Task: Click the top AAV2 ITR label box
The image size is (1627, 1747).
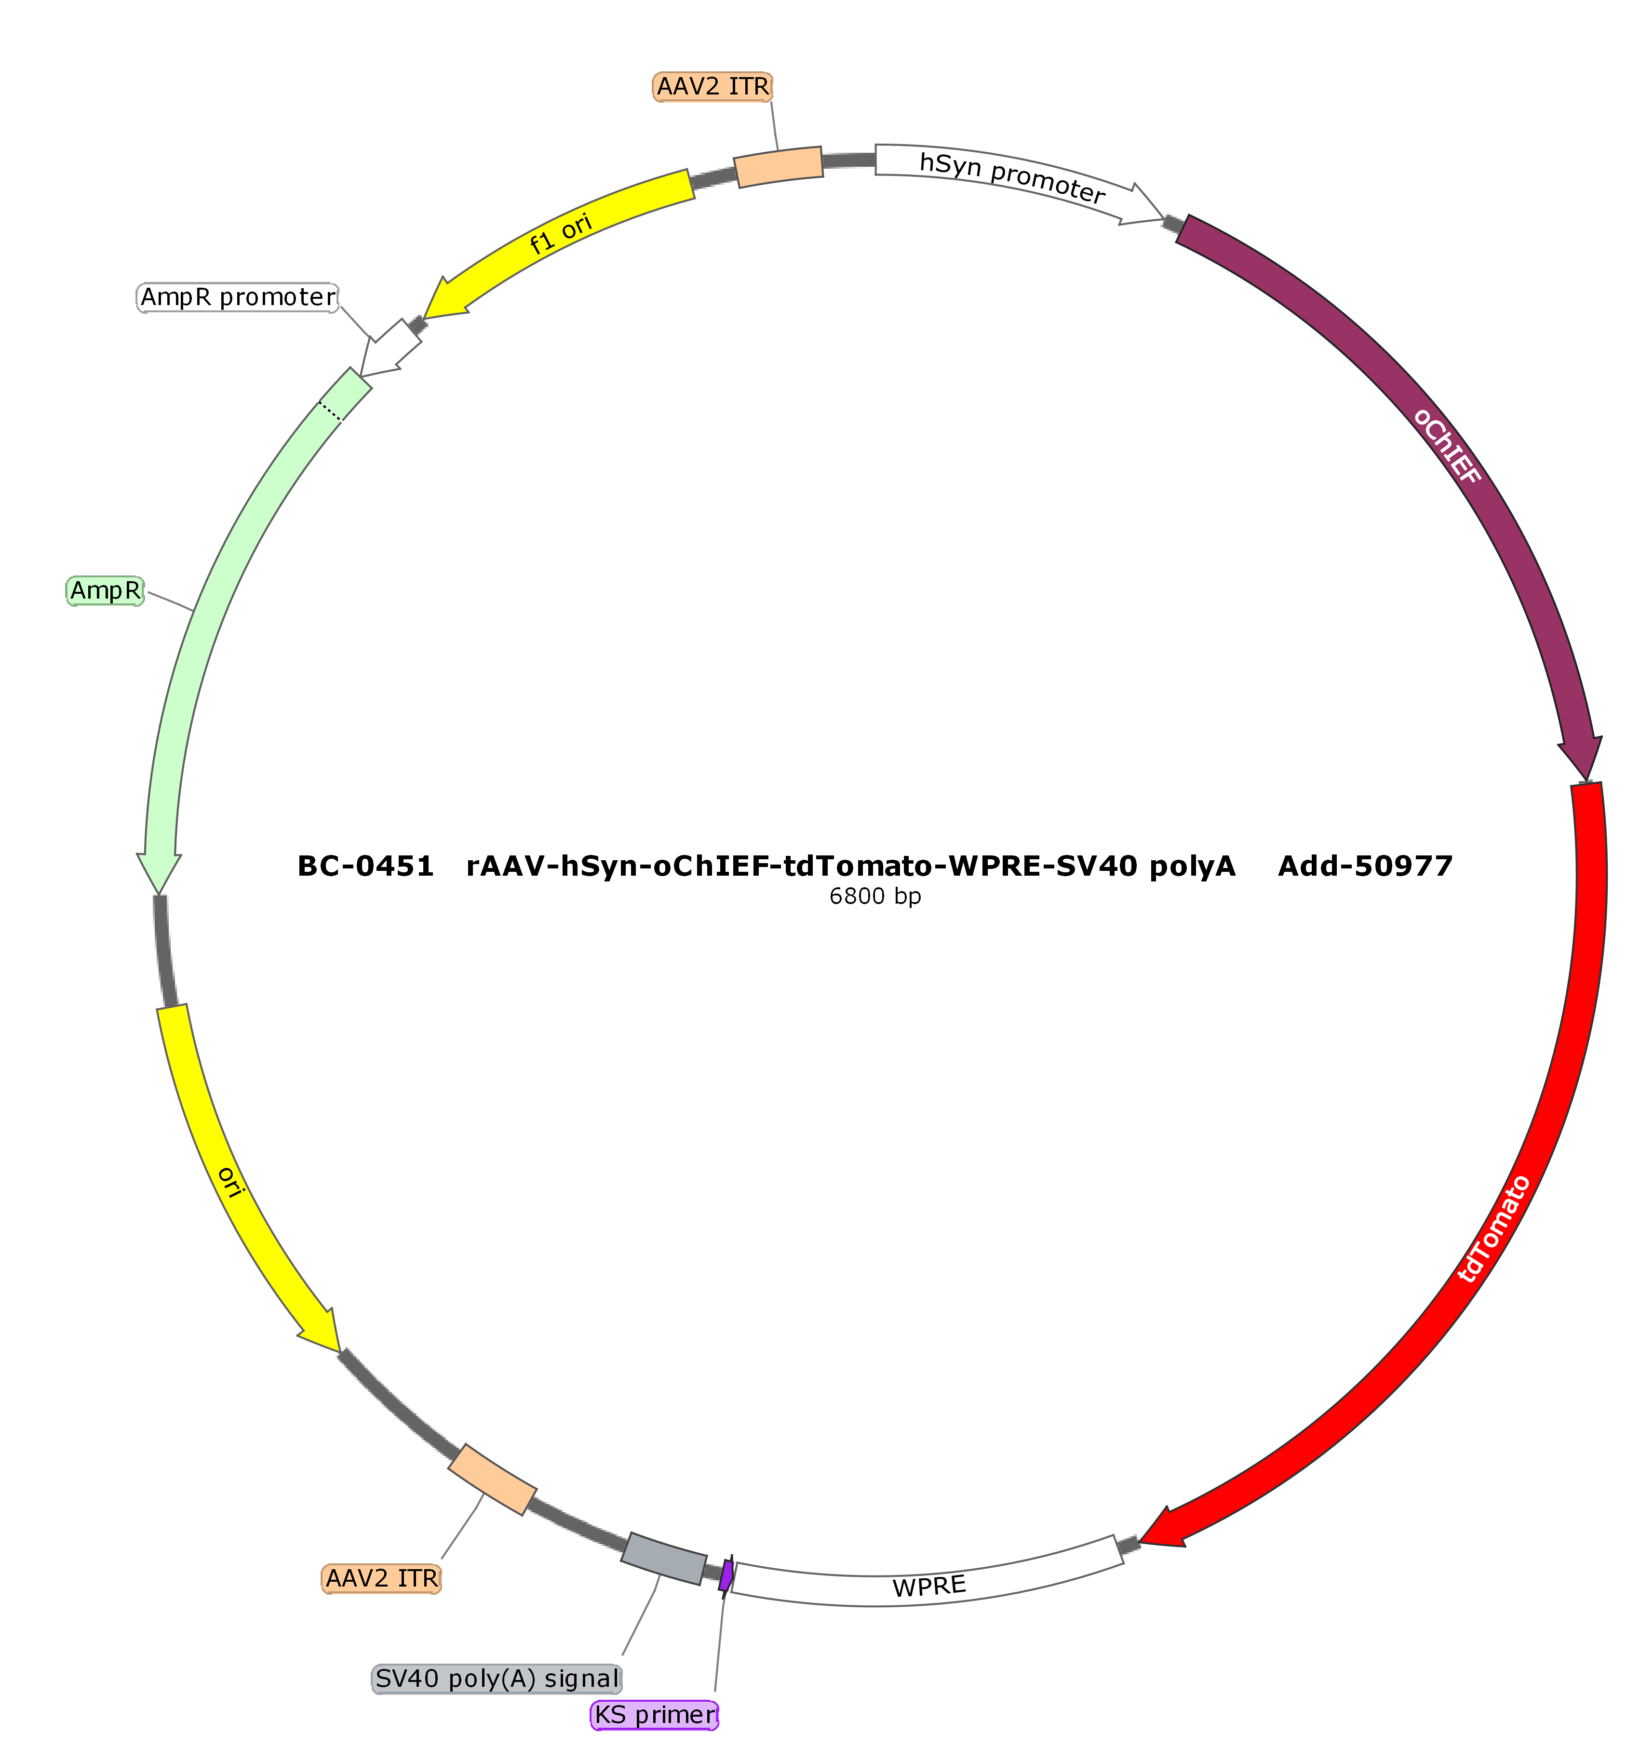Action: pyautogui.click(x=713, y=87)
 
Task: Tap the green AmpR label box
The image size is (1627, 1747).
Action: pyautogui.click(x=106, y=590)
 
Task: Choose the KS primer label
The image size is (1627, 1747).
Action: pyautogui.click(x=655, y=1715)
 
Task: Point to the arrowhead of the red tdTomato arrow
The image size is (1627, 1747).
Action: pyautogui.click(x=1165, y=1527)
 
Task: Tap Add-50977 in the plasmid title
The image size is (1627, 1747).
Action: pyautogui.click(x=1365, y=867)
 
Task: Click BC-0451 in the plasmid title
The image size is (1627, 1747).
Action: pyautogui.click(x=366, y=867)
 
